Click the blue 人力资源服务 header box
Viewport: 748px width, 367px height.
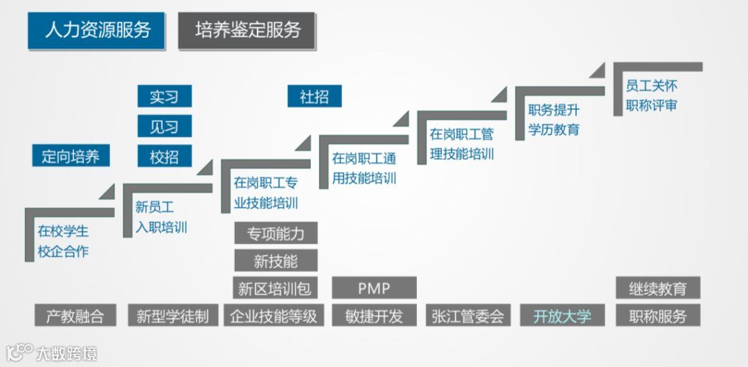[96, 30]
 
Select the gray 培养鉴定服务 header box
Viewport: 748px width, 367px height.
[247, 30]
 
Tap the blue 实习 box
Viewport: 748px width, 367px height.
[164, 96]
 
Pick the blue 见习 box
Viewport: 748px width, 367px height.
[164, 127]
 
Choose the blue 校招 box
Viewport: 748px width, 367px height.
[164, 156]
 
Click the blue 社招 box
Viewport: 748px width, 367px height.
[314, 96]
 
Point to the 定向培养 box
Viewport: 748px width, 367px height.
[72, 156]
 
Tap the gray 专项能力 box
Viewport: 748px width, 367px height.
[276, 233]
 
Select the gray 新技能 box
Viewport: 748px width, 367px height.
[276, 260]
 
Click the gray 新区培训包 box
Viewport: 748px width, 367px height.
[276, 287]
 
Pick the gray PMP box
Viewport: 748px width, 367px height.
[374, 287]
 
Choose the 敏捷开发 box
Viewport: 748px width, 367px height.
[374, 316]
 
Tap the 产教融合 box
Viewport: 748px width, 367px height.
[75, 316]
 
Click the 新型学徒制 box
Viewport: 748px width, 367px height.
[172, 316]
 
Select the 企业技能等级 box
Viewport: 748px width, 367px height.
[276, 316]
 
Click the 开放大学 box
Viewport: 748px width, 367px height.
[562, 316]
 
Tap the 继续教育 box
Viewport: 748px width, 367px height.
[658, 287]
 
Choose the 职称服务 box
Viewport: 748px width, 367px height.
[658, 316]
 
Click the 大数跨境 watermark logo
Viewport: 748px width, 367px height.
[51, 352]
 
